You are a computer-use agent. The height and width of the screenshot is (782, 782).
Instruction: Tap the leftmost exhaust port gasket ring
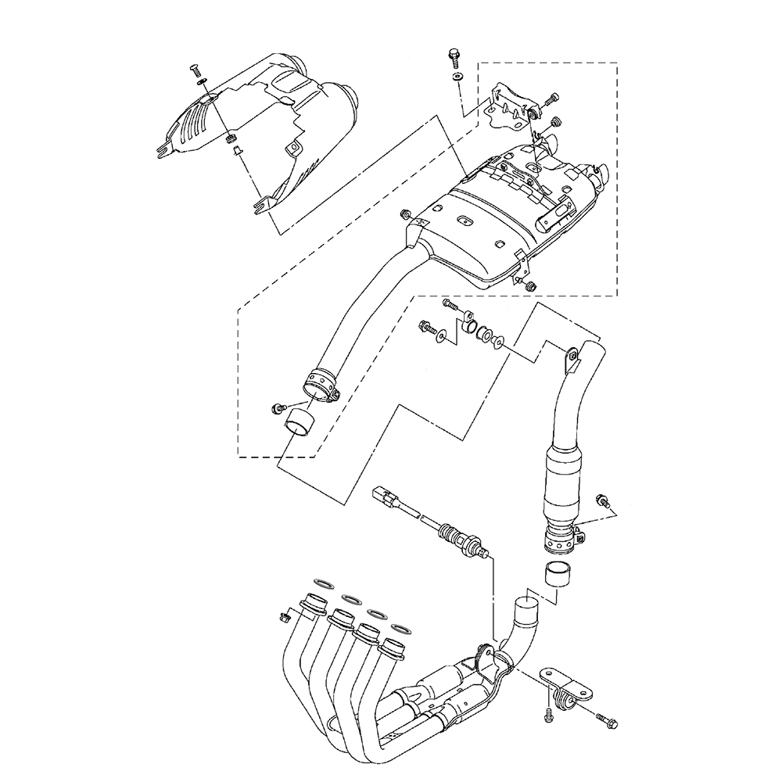tap(321, 583)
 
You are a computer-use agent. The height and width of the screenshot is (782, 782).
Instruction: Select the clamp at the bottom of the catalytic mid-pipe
tap(561, 538)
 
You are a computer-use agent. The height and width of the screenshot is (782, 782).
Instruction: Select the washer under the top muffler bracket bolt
tap(457, 77)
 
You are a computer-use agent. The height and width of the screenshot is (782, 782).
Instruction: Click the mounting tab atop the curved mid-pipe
tap(573, 356)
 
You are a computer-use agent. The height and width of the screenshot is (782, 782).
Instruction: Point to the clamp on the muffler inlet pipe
tap(321, 386)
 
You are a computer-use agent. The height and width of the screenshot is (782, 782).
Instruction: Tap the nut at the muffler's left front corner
tap(406, 214)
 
